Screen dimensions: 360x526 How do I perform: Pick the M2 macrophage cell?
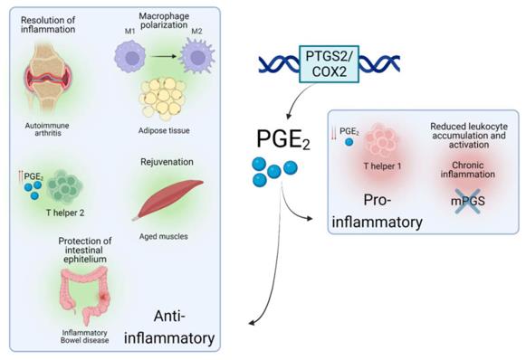click(x=196, y=62)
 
